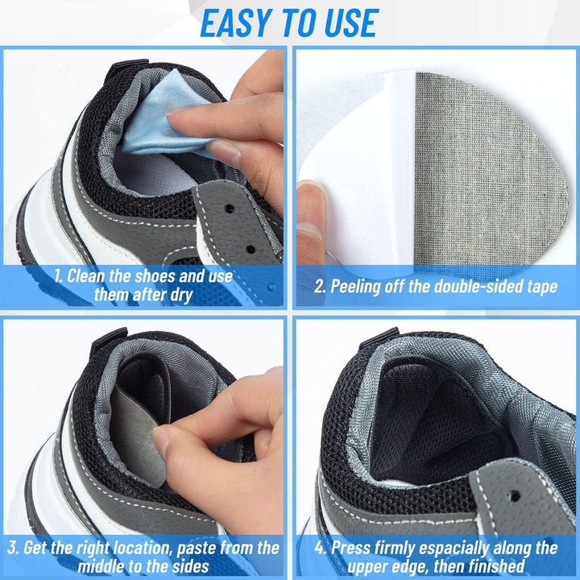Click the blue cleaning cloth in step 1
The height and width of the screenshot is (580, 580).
pyautogui.click(x=161, y=121)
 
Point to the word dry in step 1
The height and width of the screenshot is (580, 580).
pyautogui.click(x=179, y=295)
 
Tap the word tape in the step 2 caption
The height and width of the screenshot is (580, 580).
pyautogui.click(x=539, y=286)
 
